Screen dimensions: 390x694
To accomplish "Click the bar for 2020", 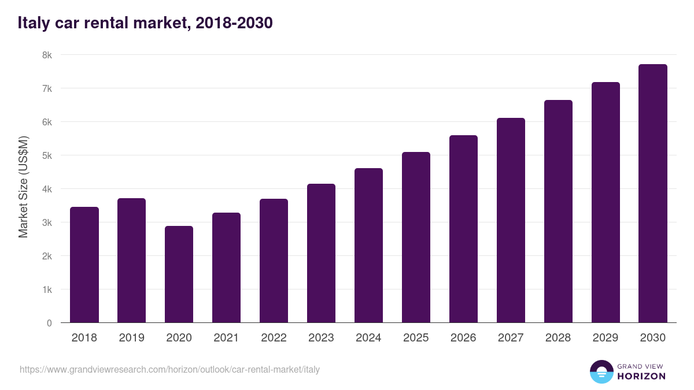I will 179,274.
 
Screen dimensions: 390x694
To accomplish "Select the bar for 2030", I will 653,194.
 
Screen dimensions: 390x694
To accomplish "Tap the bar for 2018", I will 84,265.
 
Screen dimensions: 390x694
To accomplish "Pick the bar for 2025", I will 416,237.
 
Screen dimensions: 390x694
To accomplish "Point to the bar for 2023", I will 321,253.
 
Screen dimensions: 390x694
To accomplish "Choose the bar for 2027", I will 511,220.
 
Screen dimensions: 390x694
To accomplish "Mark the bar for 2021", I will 226,268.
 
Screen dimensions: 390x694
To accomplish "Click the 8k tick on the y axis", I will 47,55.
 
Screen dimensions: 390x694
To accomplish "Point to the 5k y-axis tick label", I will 47,156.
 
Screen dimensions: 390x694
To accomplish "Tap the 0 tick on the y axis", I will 49,323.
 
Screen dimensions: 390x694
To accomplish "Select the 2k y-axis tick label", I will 47,256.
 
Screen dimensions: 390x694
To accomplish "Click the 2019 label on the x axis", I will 132,338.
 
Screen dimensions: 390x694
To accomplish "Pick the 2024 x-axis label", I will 368,338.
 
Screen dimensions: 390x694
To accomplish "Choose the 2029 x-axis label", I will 606,338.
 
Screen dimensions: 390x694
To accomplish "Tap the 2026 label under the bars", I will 463,338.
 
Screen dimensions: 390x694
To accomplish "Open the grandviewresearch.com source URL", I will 169,369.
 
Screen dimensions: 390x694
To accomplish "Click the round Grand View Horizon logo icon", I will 601,372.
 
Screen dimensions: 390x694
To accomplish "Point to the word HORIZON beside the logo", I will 641,376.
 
